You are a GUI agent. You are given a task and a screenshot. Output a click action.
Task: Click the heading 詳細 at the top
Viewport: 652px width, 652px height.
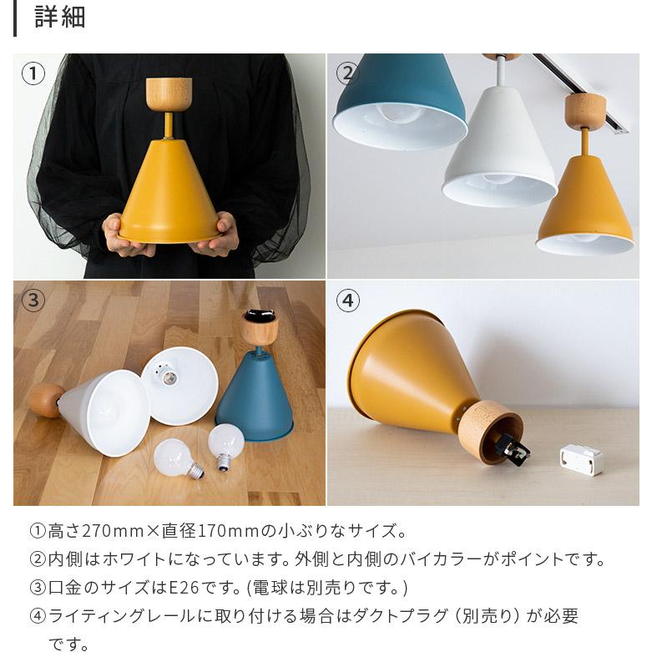point(59,18)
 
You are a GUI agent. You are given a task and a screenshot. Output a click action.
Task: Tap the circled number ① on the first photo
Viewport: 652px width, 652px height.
point(33,74)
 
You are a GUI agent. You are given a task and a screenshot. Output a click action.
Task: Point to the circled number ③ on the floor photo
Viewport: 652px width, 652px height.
point(33,301)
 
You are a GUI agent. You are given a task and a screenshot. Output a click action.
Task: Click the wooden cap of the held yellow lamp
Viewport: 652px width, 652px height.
point(169,93)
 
